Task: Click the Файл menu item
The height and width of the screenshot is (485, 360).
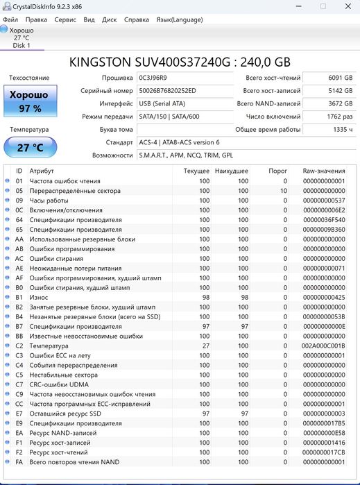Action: tap(10, 19)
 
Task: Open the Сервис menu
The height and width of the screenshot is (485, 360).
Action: tap(65, 19)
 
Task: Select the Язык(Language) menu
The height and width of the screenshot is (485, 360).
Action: tap(180, 19)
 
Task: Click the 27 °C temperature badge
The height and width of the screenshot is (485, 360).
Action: tap(30, 147)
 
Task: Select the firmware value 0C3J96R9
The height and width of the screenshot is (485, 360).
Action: tap(157, 78)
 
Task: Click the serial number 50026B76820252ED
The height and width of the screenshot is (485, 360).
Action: tap(167, 91)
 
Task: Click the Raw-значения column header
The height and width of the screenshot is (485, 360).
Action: tap(323, 171)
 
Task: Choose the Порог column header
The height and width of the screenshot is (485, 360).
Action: tap(277, 171)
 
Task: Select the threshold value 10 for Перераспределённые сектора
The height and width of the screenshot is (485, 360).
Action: tap(283, 190)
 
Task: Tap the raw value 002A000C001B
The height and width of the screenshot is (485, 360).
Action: tap(323, 346)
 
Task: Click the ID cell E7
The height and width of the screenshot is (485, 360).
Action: tap(19, 414)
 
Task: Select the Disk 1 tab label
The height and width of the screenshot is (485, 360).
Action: tap(22, 45)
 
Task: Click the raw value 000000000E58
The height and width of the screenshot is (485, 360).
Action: tap(323, 433)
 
